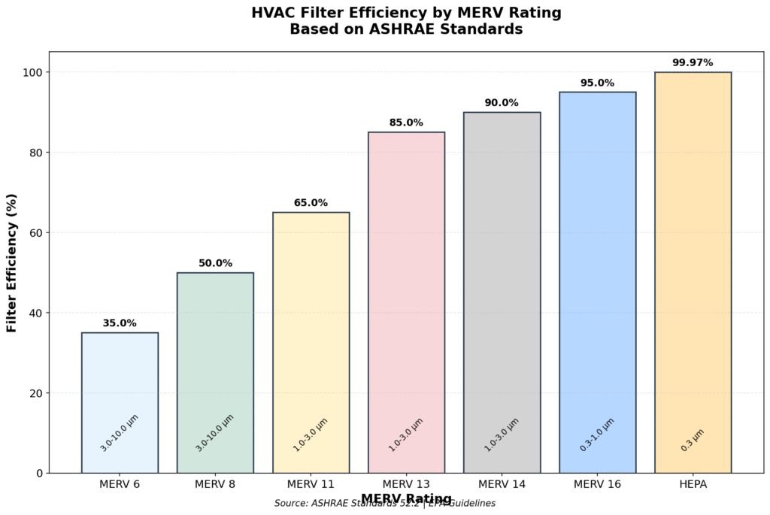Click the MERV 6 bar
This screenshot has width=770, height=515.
(120, 376)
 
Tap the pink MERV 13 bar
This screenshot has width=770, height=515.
(406, 286)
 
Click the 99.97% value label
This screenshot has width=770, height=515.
(693, 62)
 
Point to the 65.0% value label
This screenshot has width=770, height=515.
(311, 203)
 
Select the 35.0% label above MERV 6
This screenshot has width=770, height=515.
(120, 323)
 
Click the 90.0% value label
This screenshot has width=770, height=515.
(502, 103)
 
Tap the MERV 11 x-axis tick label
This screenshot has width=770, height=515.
(311, 485)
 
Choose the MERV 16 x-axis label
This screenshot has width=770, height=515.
(597, 485)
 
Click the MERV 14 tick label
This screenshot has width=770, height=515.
(502, 485)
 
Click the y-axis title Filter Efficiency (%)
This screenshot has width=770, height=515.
(12, 262)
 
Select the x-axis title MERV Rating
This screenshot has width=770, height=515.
(406, 498)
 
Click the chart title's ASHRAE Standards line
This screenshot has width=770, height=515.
(406, 30)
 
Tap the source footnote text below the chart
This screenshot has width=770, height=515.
(384, 504)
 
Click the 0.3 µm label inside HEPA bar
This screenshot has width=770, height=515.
(693, 440)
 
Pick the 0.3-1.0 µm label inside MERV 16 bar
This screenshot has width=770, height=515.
(597, 435)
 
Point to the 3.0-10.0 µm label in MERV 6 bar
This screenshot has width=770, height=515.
(120, 432)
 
